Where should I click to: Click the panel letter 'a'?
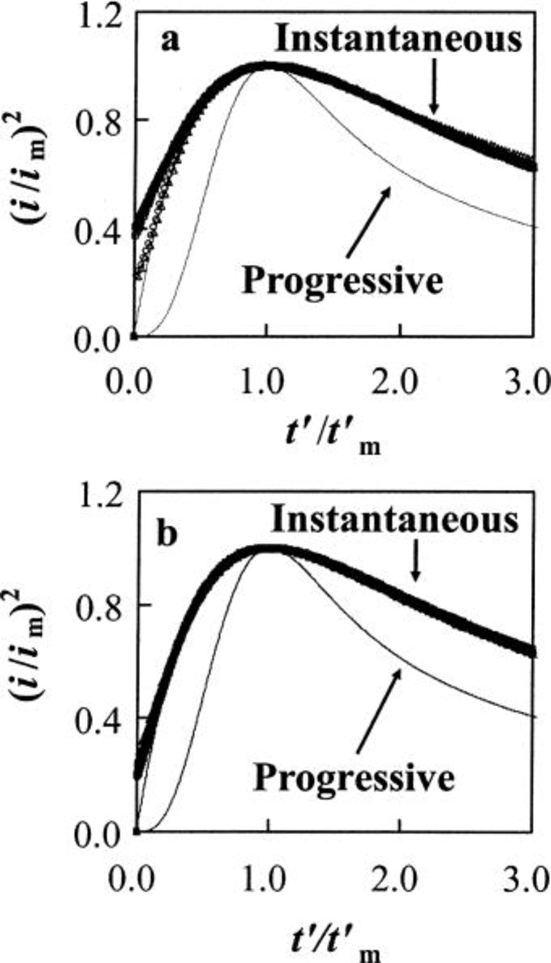pyautogui.click(x=170, y=41)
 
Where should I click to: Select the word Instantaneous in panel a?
pyautogui.click(x=398, y=40)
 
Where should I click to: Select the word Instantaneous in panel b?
pyautogui.click(x=395, y=519)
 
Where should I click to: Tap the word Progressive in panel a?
pyautogui.click(x=343, y=280)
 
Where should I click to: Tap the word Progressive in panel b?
pyautogui.click(x=354, y=777)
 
